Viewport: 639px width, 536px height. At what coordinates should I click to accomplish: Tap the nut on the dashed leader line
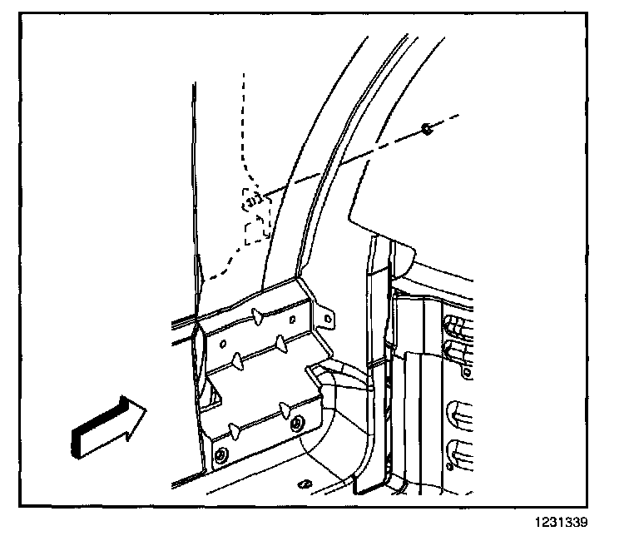[427, 128]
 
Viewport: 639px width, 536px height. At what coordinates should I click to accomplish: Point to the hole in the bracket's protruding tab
[328, 316]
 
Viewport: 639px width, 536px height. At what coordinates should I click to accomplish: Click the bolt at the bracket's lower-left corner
[220, 454]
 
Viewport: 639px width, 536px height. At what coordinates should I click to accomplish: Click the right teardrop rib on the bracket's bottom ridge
[286, 408]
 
